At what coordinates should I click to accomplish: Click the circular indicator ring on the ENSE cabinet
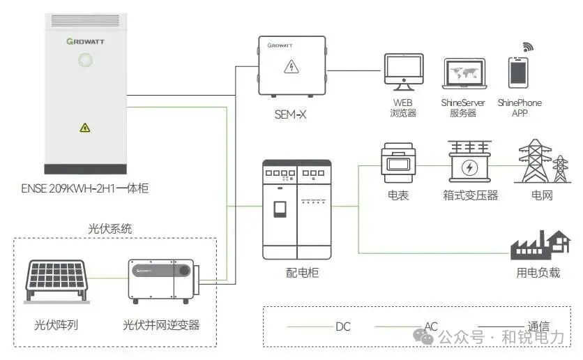tap(84, 61)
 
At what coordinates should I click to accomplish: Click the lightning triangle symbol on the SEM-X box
tap(291, 67)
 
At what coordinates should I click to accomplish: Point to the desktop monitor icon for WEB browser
tap(402, 73)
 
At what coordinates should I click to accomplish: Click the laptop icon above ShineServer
tap(463, 73)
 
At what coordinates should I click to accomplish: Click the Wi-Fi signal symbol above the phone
tap(528, 47)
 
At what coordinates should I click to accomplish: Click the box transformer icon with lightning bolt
tap(469, 163)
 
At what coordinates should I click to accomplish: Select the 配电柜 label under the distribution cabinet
tap(303, 273)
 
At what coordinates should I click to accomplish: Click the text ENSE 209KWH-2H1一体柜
tap(84, 188)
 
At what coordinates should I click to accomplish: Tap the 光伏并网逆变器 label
tap(161, 325)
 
